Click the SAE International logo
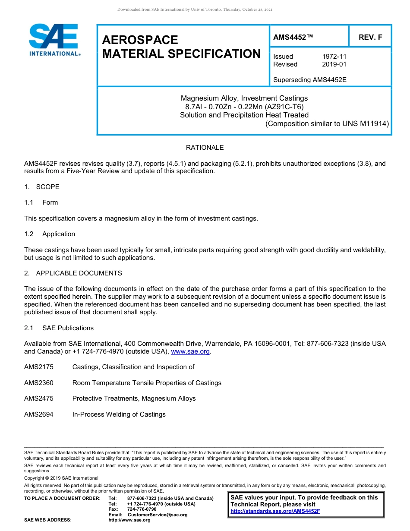[x=54, y=40]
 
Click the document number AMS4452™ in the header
[x=293, y=38]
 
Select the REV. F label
[x=370, y=38]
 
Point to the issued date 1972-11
[x=334, y=57]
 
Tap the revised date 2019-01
[x=334, y=64]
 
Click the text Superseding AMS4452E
[x=310, y=79]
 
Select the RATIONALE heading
[x=205, y=148]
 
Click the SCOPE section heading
[x=47, y=187]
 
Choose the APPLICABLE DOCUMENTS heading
[x=79, y=273]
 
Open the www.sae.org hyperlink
[x=190, y=352]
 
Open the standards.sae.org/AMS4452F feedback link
[x=275, y=511]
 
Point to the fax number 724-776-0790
[x=142, y=509]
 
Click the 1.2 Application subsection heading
[x=58, y=234]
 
